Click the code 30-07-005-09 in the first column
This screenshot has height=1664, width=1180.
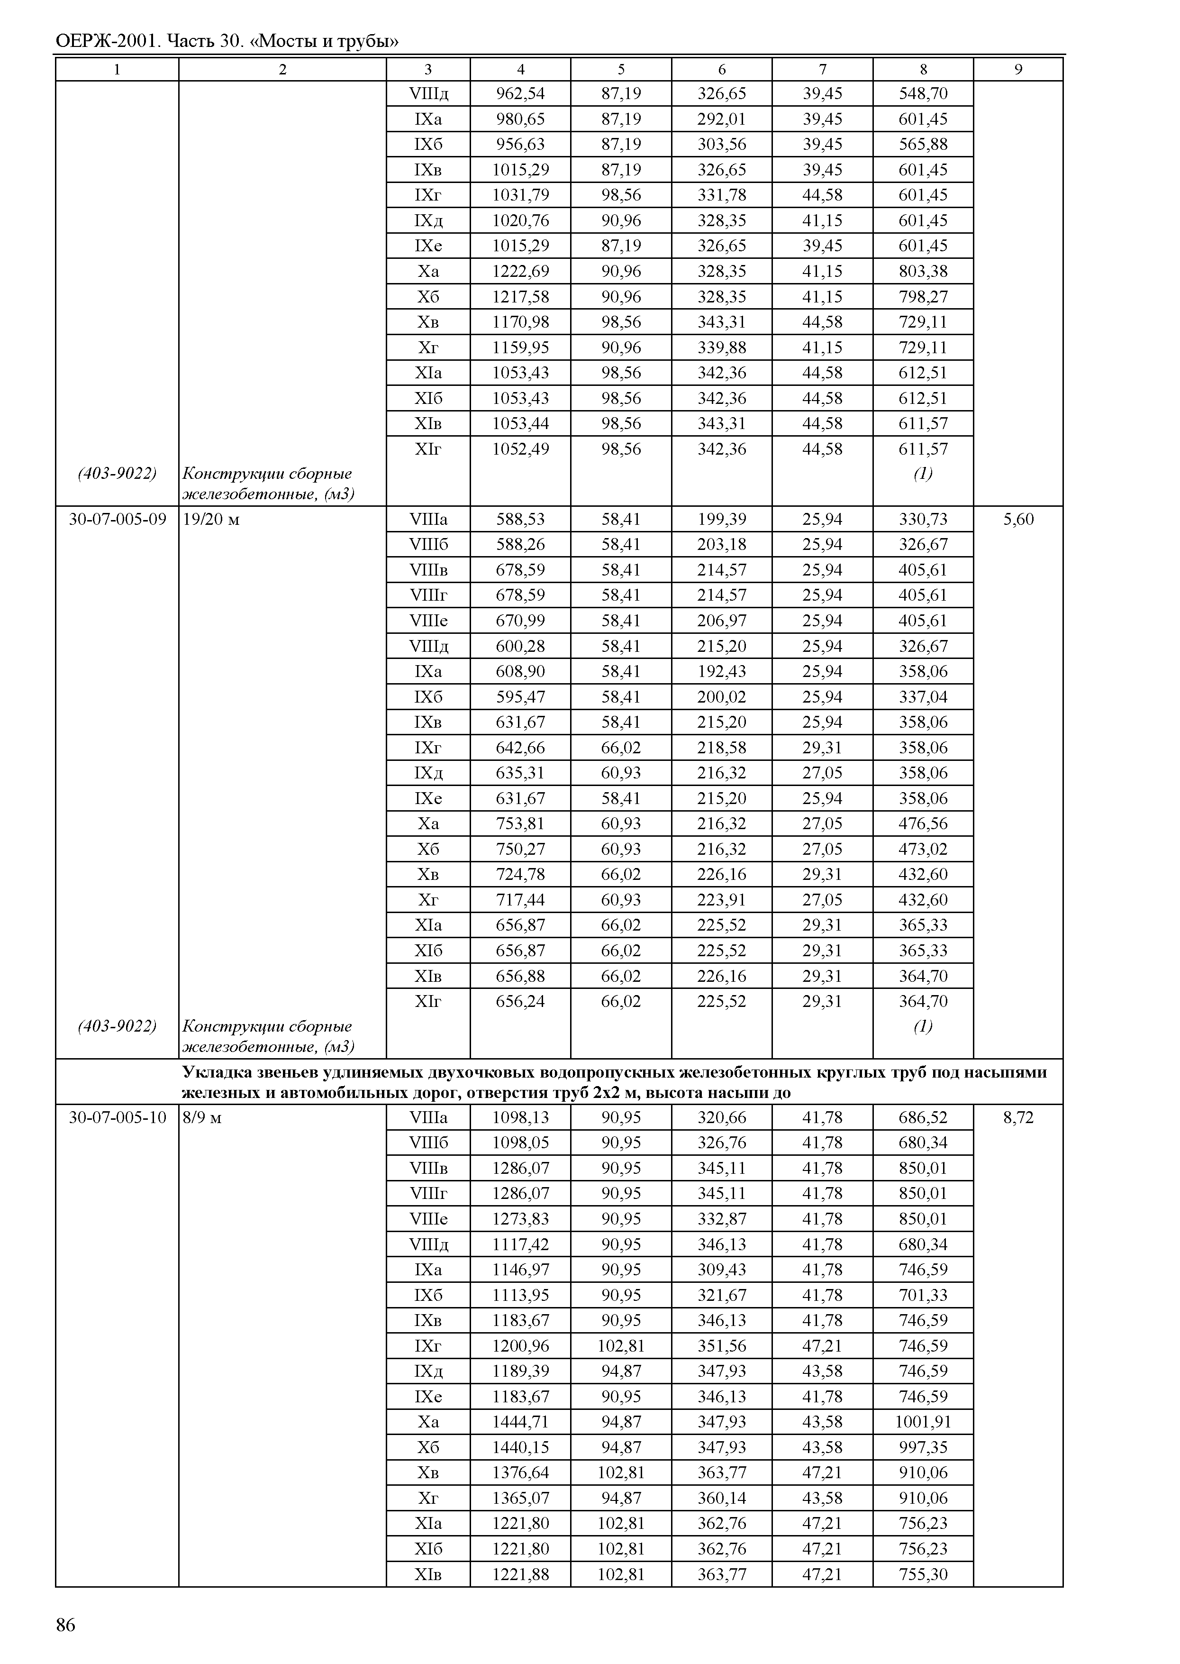117,519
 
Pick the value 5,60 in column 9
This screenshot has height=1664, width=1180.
1018,519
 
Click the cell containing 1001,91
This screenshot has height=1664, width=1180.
923,1421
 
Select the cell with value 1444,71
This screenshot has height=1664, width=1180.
520,1421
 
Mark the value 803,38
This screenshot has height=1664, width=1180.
923,271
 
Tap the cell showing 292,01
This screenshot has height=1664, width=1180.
722,119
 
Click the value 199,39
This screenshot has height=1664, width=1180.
722,519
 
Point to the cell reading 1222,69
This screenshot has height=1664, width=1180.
520,271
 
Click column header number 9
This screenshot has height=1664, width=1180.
1018,70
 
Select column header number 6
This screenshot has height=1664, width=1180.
722,70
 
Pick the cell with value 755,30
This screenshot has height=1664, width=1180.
923,1574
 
